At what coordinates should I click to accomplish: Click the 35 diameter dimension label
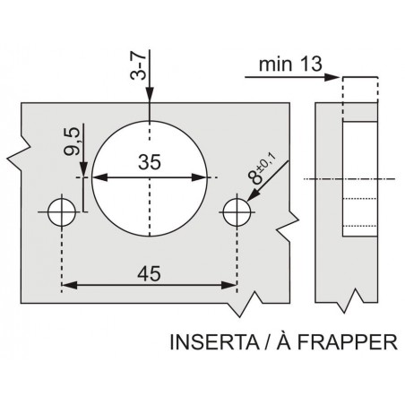coord(150,162)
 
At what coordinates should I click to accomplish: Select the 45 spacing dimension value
coord(149,273)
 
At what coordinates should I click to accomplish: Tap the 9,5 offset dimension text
coord(72,141)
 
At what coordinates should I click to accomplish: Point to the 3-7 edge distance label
coord(138,65)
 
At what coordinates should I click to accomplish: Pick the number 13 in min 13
coord(311,64)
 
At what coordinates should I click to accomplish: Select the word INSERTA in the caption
coord(214,342)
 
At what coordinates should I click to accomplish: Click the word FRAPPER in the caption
coord(348,342)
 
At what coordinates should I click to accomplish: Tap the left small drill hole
coord(62,212)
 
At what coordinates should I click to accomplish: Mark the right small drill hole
coord(237,212)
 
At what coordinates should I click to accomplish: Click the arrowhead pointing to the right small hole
coord(254,194)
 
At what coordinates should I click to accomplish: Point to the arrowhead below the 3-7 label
coord(150,95)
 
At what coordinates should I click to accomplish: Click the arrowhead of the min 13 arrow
coord(332,77)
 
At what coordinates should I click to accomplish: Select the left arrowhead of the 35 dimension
coord(99,177)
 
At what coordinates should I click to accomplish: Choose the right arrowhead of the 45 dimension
coord(229,285)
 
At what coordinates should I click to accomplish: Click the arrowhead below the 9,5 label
coord(84,169)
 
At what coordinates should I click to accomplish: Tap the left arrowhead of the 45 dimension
coord(69,285)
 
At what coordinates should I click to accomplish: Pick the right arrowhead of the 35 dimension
coord(199,177)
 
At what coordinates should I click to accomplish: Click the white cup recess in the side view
coord(359,179)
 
